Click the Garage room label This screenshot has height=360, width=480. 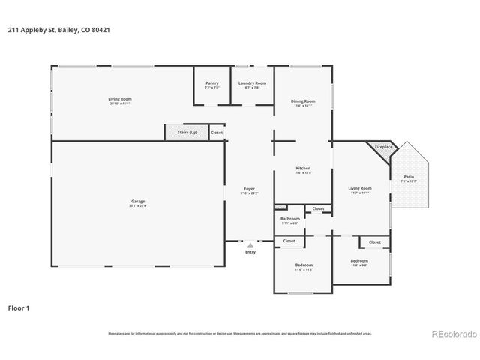[x=138, y=201]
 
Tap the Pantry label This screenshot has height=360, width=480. [x=211, y=83]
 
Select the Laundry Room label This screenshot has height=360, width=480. [x=252, y=83]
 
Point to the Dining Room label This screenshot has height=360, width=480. [x=303, y=100]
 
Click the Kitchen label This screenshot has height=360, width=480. [x=303, y=168]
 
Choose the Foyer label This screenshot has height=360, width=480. [x=250, y=188]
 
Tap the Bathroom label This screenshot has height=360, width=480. [x=290, y=219]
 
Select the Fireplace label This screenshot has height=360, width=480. [x=383, y=147]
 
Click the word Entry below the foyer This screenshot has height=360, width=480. [x=250, y=252]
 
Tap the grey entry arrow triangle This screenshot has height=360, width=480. [x=250, y=244]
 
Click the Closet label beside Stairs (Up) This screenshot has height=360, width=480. [x=217, y=132]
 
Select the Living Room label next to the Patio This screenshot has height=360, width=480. [x=360, y=188]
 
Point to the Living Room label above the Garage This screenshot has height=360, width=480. [x=119, y=99]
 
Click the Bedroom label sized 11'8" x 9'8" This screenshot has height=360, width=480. [x=359, y=261]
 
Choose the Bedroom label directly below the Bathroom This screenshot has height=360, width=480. [x=304, y=265]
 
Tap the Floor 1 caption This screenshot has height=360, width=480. [x=19, y=307]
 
